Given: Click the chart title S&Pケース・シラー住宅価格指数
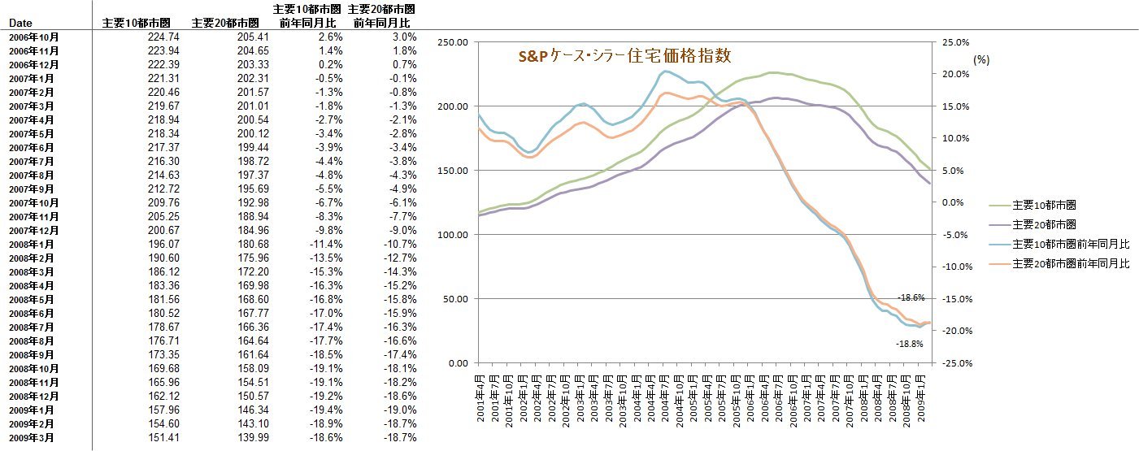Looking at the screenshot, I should pyautogui.click(x=625, y=56).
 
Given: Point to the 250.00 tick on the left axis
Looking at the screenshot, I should pyautogui.click(x=452, y=42).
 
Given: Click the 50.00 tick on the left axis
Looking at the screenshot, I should pyautogui.click(x=454, y=299).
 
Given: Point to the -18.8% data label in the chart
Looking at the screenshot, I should pyautogui.click(x=910, y=345).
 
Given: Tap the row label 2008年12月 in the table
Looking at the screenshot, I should pyautogui.click(x=33, y=396).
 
